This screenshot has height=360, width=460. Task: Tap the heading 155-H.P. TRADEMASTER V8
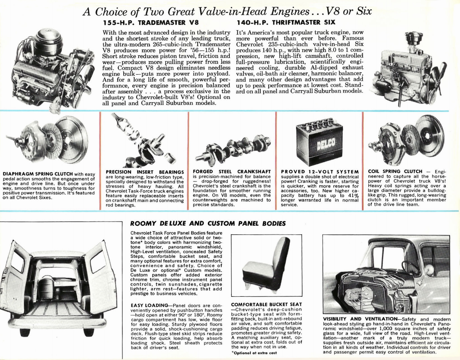pos(151,22)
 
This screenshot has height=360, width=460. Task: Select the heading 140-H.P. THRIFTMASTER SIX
pos(286,22)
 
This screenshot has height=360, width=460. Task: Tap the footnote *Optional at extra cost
pos(254,353)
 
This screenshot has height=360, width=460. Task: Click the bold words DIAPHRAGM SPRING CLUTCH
pos(38,174)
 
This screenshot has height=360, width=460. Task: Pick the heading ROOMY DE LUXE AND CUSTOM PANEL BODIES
pos(208,223)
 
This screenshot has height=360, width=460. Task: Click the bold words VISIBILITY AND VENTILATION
pos(360,319)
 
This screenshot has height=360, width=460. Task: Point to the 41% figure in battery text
pos(353,195)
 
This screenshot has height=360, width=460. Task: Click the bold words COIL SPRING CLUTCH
pos(395,171)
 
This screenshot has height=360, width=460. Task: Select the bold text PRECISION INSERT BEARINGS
pos(145,172)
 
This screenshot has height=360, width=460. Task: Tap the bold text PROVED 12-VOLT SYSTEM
pos(320,172)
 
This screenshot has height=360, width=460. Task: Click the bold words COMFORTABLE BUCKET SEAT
pos(266,304)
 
